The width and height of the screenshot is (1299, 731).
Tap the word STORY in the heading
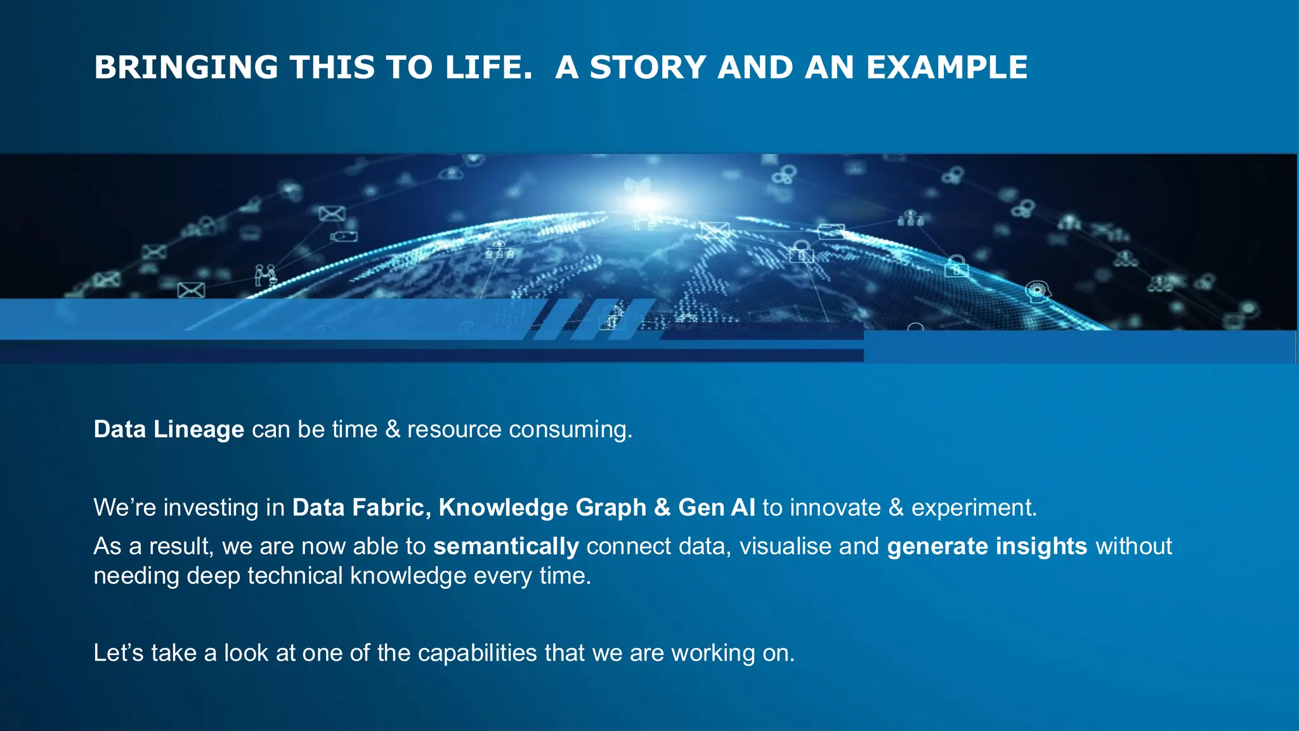[648, 68]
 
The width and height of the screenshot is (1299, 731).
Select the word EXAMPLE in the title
[946, 68]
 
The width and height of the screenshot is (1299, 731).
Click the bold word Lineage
[199, 430]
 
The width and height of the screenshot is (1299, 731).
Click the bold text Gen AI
[717, 508]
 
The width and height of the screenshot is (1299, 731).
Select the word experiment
[974, 508]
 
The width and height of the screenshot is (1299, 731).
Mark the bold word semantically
[506, 547]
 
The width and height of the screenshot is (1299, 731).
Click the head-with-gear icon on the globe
[1038, 291]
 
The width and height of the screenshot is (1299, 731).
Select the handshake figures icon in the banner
[265, 274]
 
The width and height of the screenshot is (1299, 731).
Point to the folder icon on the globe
[830, 232]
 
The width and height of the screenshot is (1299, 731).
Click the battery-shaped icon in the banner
[344, 237]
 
